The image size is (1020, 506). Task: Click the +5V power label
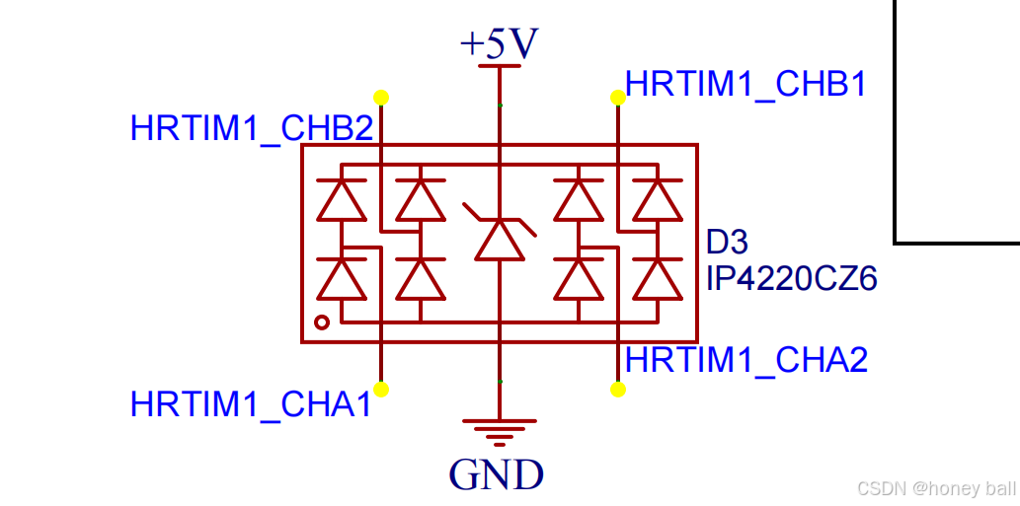point(499,43)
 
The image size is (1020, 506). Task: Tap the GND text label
point(497,474)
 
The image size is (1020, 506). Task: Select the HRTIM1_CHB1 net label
point(746,85)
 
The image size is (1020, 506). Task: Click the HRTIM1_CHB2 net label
point(252,128)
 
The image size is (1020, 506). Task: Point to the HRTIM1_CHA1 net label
point(251,403)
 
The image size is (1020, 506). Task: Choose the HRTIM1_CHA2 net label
point(746,360)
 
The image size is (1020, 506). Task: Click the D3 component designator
point(728,243)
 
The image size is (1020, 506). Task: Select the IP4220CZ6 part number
point(792,279)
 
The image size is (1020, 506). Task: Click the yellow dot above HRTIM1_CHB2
point(381,97)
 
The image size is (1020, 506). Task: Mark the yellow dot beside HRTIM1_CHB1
point(618,97)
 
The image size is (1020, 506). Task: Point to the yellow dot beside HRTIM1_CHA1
point(381,390)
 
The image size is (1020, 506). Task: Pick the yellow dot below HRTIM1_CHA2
point(618,390)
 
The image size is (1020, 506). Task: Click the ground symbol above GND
point(500,431)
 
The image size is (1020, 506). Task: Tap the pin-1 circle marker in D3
point(321,323)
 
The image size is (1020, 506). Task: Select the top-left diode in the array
point(341,200)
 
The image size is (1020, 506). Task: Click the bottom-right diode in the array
point(657,278)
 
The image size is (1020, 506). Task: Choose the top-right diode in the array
point(657,200)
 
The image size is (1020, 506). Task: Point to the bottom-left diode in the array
point(341,278)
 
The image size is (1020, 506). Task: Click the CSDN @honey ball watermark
point(935,488)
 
